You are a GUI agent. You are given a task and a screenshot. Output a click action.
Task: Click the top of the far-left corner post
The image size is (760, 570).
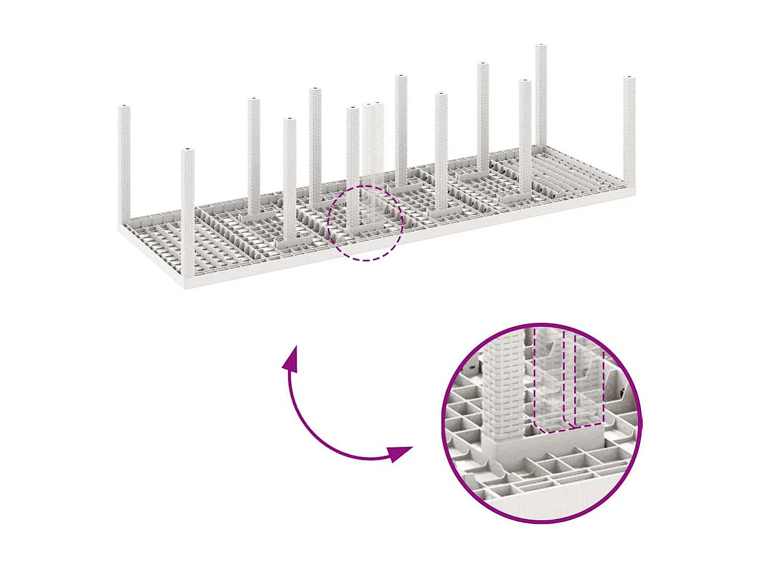124,108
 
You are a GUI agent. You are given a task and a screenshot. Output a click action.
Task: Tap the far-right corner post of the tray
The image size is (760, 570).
629,128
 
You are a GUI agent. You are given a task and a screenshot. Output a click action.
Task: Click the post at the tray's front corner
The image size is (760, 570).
187,214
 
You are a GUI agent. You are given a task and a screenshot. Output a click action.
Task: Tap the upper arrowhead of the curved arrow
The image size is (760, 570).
291,359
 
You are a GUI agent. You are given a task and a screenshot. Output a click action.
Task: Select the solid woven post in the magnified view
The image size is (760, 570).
503,391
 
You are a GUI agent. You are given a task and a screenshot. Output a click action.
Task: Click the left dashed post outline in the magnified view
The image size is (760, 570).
549,380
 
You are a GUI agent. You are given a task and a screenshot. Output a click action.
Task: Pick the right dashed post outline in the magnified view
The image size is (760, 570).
588,383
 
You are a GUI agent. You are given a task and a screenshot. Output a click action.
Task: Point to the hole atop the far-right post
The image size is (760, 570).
630,78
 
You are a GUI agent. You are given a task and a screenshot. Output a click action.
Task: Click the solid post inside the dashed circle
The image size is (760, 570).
352,171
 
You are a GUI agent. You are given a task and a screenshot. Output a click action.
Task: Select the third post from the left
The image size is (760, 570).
254,155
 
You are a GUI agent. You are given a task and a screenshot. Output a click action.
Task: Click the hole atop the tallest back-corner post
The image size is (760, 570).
541,46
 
